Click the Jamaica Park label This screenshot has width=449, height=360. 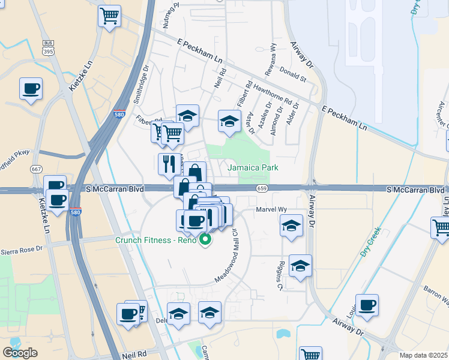coord(253,168)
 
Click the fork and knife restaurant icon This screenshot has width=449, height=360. coord(167,163)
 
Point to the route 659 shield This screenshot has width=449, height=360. coord(261,188)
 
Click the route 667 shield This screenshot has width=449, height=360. coord(37,169)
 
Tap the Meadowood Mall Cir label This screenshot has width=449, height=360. coord(228,258)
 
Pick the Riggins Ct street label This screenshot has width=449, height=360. coord(279,276)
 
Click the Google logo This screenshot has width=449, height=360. coord(20,353)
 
